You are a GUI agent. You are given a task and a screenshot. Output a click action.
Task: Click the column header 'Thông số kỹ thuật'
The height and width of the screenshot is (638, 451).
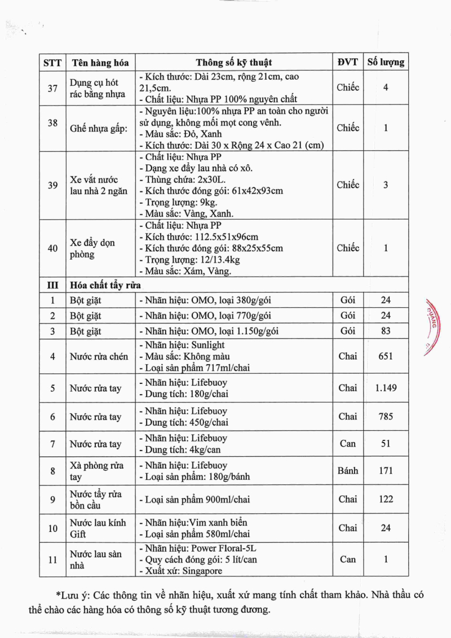tap(234, 62)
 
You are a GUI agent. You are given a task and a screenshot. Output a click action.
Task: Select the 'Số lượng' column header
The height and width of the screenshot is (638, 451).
tap(386, 62)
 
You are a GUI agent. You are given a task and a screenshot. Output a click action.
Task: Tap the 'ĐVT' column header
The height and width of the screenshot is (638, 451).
tap(348, 62)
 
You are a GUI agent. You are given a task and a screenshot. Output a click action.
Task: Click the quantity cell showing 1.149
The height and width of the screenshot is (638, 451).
tap(386, 388)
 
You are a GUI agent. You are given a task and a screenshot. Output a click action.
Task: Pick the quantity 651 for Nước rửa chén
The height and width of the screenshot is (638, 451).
tap(386, 356)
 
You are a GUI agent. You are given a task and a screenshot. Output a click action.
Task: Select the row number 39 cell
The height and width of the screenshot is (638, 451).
tap(52, 185)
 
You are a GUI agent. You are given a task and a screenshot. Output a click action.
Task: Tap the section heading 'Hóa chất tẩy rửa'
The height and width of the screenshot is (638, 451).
tap(105, 285)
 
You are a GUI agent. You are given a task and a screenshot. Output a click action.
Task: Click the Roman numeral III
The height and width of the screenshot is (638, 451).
tap(52, 285)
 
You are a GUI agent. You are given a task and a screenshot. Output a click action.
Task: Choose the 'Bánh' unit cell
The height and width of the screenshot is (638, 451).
tap(348, 470)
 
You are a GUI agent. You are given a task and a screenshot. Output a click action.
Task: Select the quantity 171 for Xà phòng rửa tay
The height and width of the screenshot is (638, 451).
tap(386, 470)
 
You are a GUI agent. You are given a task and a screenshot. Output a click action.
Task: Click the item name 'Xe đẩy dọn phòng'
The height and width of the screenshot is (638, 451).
tap(92, 248)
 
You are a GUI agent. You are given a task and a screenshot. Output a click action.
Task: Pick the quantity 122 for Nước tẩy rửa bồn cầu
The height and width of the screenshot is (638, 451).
tap(386, 499)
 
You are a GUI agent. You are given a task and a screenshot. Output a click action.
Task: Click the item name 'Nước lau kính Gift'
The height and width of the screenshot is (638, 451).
tap(98, 528)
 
